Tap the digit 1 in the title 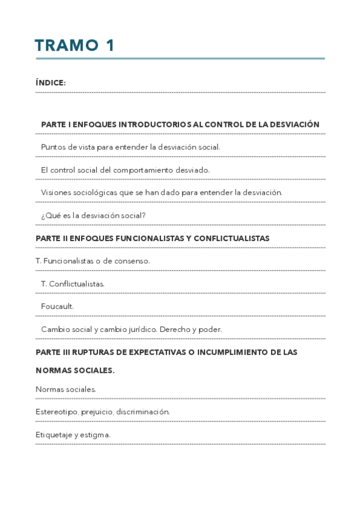click(x=110, y=46)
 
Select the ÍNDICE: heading click(x=50, y=83)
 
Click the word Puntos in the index click(x=52, y=147)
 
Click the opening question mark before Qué click(x=43, y=215)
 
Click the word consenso click(x=131, y=261)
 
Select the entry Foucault click(x=57, y=306)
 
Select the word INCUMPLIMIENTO click(x=227, y=352)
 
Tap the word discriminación click(x=142, y=412)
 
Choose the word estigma click(x=96, y=435)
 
